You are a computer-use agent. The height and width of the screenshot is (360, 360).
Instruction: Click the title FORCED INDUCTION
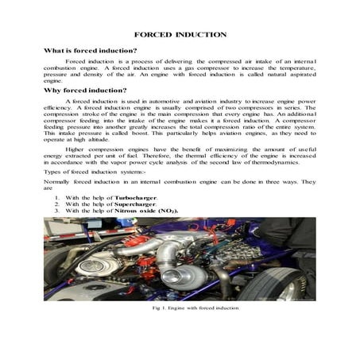pos(180,35)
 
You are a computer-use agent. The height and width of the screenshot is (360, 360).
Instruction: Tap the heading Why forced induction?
pos(87,91)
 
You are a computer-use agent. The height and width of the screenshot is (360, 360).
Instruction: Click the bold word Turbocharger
pos(136,196)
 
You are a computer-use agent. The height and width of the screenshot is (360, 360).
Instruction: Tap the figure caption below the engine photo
pos(180,307)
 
